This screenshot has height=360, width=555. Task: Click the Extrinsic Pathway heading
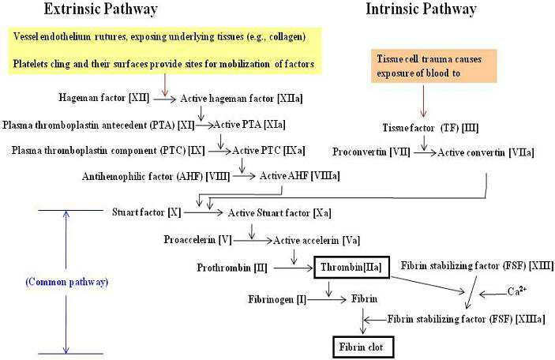101,9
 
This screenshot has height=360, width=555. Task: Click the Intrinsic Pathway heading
422,9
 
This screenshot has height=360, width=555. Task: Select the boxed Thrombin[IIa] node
352,268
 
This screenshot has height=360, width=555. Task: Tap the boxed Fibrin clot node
363,347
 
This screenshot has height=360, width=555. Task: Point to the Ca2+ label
517,291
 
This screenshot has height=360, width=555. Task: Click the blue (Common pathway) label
67,282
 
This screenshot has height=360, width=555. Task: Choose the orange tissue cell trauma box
434,66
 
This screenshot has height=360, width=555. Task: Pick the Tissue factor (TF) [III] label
430,128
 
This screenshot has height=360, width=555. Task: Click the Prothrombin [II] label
232,268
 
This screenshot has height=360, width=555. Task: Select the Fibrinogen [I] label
277,299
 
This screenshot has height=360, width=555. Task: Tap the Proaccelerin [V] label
197,240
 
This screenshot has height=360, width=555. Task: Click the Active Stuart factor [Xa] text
279,213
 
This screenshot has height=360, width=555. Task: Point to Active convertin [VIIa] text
486,152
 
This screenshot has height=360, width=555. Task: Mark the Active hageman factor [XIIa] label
242,99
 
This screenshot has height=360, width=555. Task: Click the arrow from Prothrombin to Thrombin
294,268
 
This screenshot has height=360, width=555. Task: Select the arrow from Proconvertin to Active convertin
425,152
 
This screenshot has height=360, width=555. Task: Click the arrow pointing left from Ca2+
493,294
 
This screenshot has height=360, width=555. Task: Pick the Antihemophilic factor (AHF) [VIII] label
156,176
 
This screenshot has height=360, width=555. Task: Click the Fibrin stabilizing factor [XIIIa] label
466,319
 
